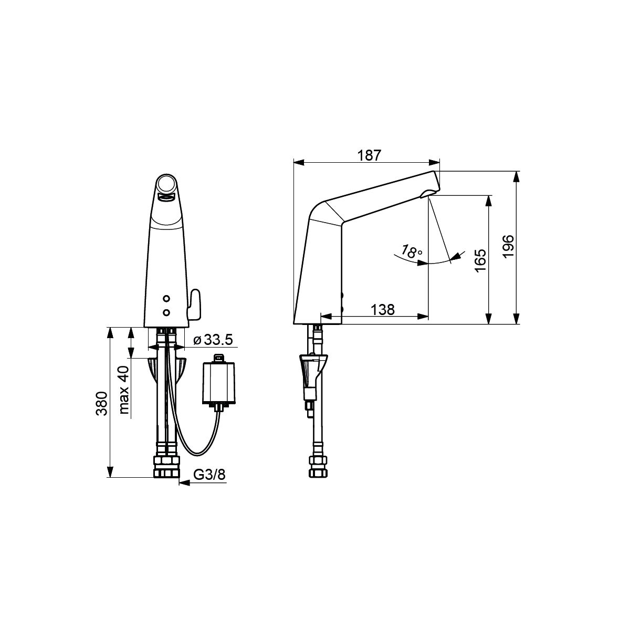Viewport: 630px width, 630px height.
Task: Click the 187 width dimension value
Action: [369, 155]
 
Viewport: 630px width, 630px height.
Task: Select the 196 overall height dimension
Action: [509, 246]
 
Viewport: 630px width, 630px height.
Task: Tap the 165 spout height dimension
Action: [480, 260]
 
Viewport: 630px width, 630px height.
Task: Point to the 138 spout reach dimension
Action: [383, 309]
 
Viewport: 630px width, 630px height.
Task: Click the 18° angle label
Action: [412, 251]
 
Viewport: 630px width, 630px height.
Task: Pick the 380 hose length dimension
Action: [102, 403]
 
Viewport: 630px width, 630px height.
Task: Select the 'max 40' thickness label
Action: [124, 390]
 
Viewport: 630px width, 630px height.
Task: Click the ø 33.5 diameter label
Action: [213, 340]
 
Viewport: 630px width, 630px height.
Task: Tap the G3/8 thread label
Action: [209, 475]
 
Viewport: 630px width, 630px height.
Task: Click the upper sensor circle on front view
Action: [166, 299]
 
